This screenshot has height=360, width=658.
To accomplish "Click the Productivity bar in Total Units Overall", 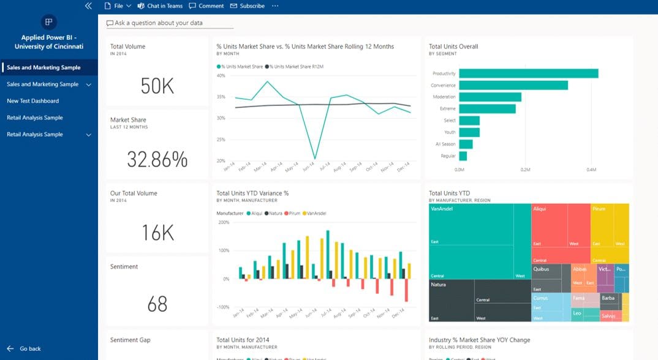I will point(528,73).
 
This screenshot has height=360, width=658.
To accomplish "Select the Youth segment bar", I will point(469,132).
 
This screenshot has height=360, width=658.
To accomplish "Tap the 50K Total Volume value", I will point(157,86).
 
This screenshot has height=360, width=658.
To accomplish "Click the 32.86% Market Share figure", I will point(157,159).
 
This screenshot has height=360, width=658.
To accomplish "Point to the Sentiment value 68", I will point(157,304).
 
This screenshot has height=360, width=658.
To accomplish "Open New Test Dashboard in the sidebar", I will point(33,101).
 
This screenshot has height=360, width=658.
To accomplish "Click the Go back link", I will point(30,349).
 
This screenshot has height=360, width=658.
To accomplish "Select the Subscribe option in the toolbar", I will point(248,6).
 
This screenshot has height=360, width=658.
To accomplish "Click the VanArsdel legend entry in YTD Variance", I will point(316,213).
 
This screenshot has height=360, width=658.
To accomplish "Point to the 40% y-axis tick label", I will point(221,76).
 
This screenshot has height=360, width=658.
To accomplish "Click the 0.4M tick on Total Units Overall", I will point(591,169).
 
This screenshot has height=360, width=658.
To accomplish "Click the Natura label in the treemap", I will point(438,285).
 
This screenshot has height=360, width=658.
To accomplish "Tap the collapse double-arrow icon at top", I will point(88,6).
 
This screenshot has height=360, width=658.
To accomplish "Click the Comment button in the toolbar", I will point(206,6).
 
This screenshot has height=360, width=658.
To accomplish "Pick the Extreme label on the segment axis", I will point(447,108).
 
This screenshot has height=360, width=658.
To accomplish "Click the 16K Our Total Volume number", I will point(157,233).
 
